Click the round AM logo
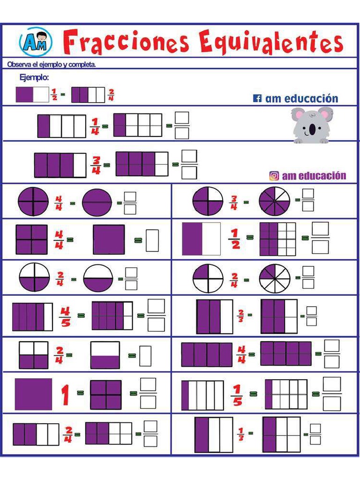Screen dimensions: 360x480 click(x=36, y=42)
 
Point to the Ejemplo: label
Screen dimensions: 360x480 click(x=34, y=77)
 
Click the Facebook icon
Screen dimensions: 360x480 click(x=257, y=98)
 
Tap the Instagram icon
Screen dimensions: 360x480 click(x=274, y=176)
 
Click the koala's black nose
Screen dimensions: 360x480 click(x=312, y=129)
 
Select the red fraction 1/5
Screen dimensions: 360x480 click(x=237, y=395)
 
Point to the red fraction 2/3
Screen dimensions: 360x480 click(x=240, y=316)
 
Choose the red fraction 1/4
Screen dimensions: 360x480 click(x=95, y=126)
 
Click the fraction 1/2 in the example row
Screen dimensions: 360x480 click(x=54, y=94)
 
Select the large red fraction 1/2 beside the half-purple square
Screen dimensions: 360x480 click(x=235, y=239)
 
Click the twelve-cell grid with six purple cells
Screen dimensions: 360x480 click(x=277, y=239)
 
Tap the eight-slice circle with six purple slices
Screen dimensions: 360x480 click(x=274, y=202)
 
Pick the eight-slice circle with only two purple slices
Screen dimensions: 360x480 click(x=274, y=278)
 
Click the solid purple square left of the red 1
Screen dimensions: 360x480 click(x=33, y=394)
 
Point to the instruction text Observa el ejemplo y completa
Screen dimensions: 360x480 click(x=52, y=65)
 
